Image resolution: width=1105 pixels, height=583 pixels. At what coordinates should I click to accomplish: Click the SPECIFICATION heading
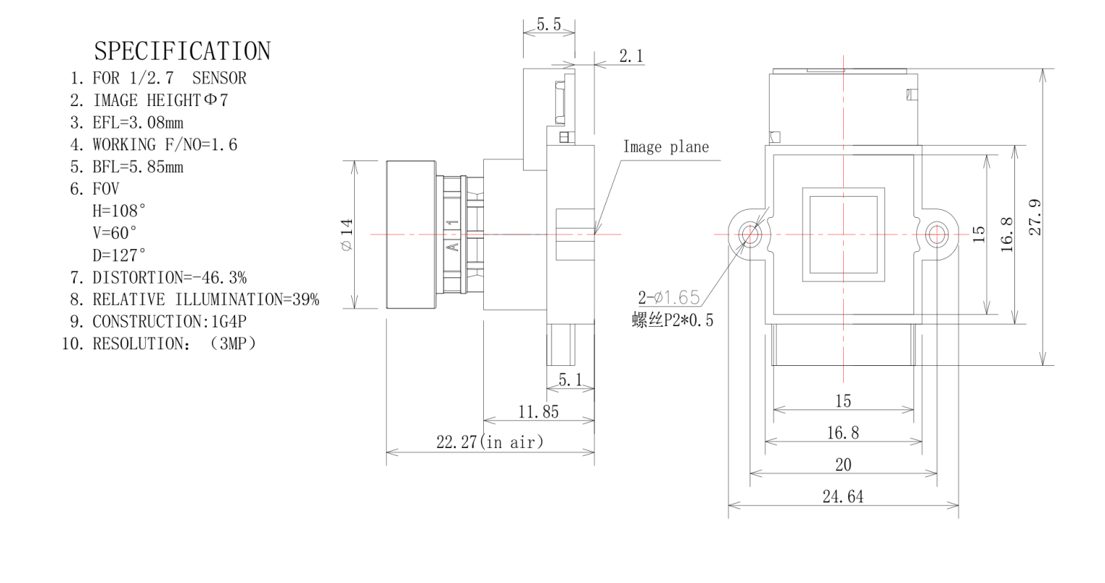(x=182, y=52)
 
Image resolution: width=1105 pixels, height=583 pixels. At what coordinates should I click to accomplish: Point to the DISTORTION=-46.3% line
(x=168, y=277)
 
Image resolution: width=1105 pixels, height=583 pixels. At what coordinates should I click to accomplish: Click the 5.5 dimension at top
(x=549, y=24)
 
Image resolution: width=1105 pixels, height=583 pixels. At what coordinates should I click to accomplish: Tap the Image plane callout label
(x=665, y=147)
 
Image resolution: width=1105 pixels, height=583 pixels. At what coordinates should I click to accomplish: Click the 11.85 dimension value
(x=538, y=412)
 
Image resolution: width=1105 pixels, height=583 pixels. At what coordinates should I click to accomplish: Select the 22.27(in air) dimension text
(x=490, y=442)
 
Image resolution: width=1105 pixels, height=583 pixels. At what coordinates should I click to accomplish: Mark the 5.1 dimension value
(x=570, y=379)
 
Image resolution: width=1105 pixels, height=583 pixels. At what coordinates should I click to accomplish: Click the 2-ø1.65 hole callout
(x=668, y=297)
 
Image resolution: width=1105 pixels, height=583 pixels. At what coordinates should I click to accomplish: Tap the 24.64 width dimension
(x=842, y=497)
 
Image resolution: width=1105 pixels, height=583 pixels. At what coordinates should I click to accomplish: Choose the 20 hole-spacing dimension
(x=843, y=465)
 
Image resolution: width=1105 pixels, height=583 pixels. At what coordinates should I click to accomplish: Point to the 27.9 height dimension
(x=1036, y=216)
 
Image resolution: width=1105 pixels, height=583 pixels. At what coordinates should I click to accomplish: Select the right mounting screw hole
(x=937, y=234)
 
